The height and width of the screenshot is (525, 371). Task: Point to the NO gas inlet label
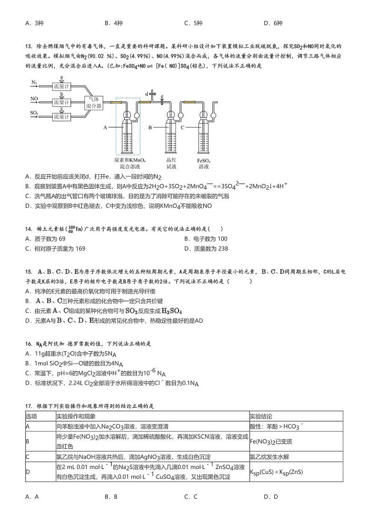tap(34, 99)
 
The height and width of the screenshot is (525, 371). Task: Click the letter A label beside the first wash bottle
tap(105, 127)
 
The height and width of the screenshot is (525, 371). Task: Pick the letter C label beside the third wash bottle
tap(183, 127)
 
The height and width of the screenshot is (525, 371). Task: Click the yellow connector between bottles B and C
tap(189, 101)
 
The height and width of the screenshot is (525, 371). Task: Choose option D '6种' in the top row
tap(273, 23)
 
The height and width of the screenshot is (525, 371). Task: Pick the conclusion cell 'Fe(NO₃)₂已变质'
tap(271, 441)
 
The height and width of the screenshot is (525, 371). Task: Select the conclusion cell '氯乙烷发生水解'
tap(269, 457)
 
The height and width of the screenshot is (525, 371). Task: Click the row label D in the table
tap(28, 472)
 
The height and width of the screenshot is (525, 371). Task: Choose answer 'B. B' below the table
tap(111, 497)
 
